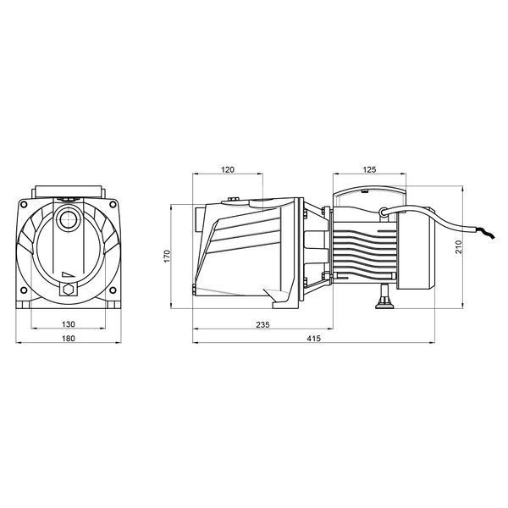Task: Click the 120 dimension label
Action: coord(228,169)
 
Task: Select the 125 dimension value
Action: coord(369,169)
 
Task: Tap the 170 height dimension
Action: coord(167,257)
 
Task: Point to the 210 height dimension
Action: coord(458,247)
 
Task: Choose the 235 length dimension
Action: coord(262,324)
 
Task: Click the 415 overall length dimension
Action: coord(313,338)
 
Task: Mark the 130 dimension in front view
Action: coord(69,324)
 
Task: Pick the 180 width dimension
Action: coord(69,338)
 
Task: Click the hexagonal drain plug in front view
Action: coord(69,289)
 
